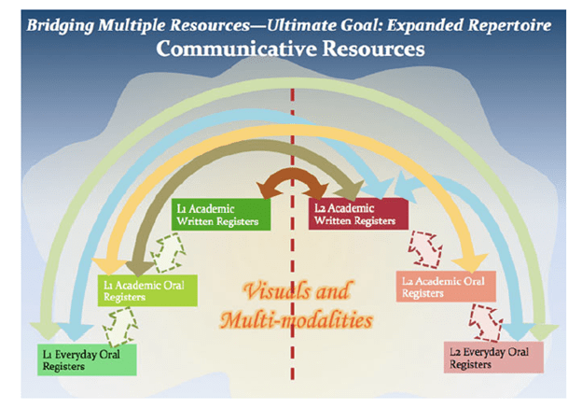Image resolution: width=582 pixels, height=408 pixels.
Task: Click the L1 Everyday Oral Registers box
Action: (86, 359)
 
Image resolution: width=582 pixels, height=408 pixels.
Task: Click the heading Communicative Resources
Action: (290, 48)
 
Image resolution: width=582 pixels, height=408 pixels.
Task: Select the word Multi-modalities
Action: (297, 321)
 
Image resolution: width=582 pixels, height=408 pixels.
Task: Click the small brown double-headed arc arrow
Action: (290, 180)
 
